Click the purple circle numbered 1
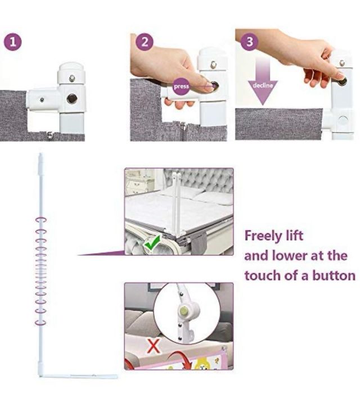pyautogui.click(x=12, y=42)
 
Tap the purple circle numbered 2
pyautogui.click(x=145, y=42)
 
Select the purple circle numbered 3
pyautogui.click(x=249, y=41)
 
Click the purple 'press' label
pyautogui.click(x=181, y=87)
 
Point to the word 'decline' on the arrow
pyautogui.click(x=263, y=85)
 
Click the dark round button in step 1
pyautogui.click(x=72, y=99)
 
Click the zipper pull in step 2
pyautogui.click(x=183, y=126)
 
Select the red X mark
pyautogui.click(x=154, y=346)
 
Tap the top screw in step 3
pyautogui.click(x=342, y=63)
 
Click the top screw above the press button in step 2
pyautogui.click(x=213, y=65)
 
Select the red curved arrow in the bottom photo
pyautogui.click(x=181, y=359)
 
